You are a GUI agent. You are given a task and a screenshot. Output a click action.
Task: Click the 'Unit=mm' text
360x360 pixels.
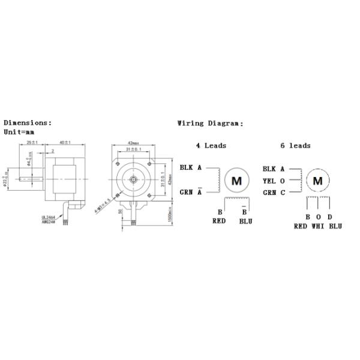[18, 131]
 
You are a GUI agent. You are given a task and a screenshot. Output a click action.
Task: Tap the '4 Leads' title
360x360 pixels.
[211, 145]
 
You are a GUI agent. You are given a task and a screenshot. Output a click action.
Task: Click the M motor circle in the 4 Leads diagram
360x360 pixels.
[236, 180]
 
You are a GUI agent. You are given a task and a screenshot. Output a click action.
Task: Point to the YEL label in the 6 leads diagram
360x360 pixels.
[269, 181]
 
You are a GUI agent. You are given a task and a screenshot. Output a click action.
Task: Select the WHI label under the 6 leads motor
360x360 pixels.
[318, 226]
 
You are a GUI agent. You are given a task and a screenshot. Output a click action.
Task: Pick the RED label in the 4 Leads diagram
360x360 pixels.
[219, 221]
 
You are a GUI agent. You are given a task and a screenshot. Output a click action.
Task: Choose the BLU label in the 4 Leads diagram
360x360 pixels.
[245, 221]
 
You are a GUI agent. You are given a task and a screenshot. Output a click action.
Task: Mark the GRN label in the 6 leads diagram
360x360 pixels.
[269, 192]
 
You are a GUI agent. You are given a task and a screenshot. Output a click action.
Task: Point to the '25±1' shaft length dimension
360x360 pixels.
[32, 142]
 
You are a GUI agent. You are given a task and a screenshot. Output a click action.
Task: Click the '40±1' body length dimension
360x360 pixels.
[64, 142]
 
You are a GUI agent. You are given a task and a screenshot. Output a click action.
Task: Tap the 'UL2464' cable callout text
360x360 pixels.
[50, 217]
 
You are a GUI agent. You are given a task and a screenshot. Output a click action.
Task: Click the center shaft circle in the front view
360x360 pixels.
[133, 179]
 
